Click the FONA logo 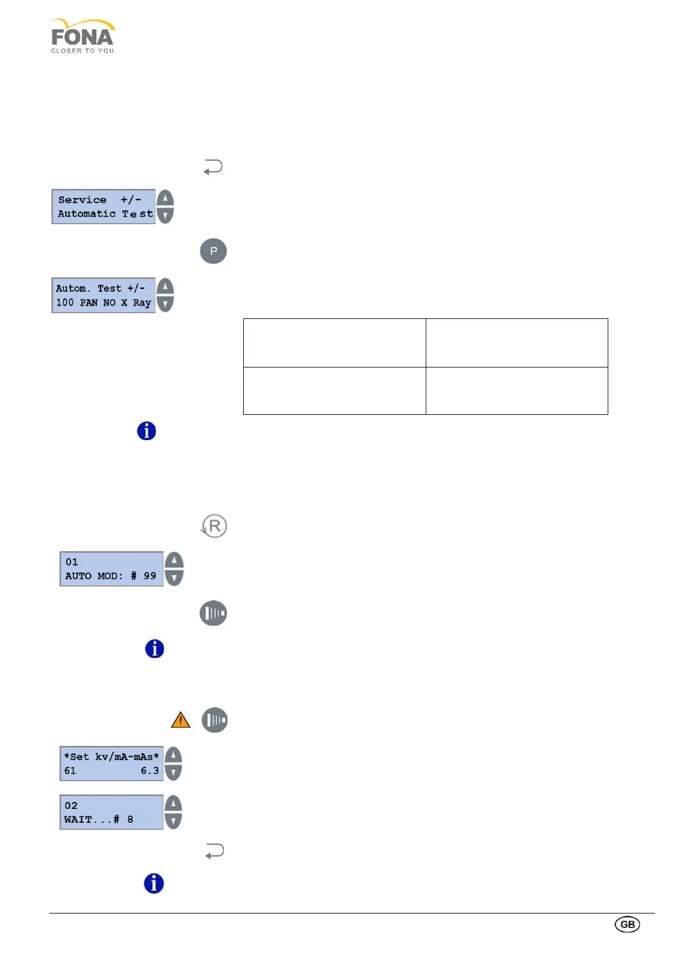tap(83, 36)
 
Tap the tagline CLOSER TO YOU tap(83, 51)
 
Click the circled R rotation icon tap(214, 526)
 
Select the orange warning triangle tap(181, 720)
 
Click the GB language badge tap(627, 924)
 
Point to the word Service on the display tap(82, 200)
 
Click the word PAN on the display tap(88, 303)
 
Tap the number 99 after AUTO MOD tap(150, 576)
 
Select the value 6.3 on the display tap(150, 771)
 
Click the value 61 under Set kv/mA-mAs tap(70, 771)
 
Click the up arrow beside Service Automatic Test tap(165, 198)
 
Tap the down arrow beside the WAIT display tap(173, 820)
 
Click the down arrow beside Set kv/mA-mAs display tap(173, 772)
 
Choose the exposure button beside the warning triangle tap(215, 720)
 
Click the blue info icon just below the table tap(147, 431)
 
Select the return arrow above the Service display tap(213, 168)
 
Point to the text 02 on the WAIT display tap(71, 806)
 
